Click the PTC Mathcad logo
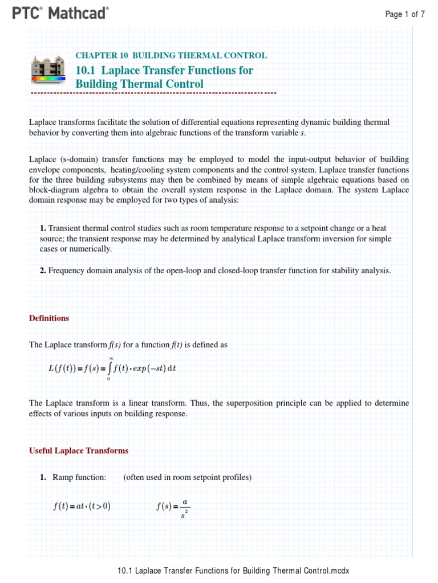tap(60, 14)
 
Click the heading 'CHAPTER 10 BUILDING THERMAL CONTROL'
tap(171, 55)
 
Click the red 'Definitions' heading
tap(49, 318)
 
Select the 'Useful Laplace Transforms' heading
tap(79, 450)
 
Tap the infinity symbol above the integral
tap(111, 358)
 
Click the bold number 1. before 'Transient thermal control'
tap(43, 228)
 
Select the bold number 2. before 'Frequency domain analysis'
tap(43, 270)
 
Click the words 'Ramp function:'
tap(79, 477)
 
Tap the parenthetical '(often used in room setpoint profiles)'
tap(187, 477)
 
